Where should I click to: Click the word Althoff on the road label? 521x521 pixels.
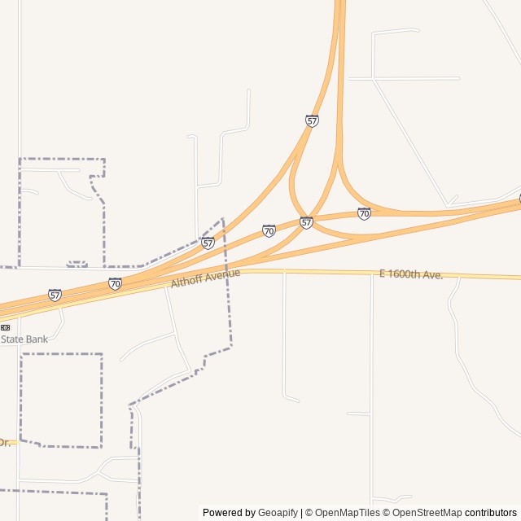coord(186,281)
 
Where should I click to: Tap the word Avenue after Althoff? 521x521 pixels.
coord(222,275)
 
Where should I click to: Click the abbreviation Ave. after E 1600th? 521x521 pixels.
coord(433,275)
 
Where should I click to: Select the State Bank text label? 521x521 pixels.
coord(24,339)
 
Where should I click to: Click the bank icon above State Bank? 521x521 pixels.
coord(5,327)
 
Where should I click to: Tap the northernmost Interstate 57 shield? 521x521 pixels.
coord(312,120)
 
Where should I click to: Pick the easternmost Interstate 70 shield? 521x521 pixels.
coord(364,213)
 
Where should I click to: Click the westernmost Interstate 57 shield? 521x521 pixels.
coord(55,295)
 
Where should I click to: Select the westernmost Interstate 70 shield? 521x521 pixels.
coord(115,283)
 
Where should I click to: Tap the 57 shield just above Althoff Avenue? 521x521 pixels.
coord(208,243)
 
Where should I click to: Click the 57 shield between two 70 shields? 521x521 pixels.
coord(306,222)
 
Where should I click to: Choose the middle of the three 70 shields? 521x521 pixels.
coord(269,231)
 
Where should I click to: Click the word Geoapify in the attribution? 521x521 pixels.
coord(278,513)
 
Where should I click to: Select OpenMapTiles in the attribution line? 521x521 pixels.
coord(348,513)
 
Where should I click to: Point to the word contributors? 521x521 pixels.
coord(491,513)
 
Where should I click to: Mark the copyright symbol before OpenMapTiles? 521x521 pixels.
coord(309,513)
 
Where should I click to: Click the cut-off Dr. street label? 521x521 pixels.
coord(5,442)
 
